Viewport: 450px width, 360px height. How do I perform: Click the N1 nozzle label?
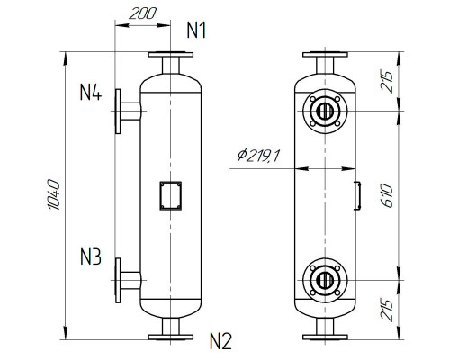197,30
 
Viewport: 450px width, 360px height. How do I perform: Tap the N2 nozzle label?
220,341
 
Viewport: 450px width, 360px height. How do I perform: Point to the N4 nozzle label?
91,92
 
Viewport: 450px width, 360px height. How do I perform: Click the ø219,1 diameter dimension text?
259,157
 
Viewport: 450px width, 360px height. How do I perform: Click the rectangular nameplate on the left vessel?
170,195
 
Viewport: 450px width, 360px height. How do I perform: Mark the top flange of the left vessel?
171,55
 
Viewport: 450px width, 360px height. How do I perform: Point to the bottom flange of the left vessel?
171,337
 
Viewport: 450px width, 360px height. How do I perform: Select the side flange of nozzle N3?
117,279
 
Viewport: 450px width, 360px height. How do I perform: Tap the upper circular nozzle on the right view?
324,112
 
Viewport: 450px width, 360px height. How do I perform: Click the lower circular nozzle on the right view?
324,279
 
